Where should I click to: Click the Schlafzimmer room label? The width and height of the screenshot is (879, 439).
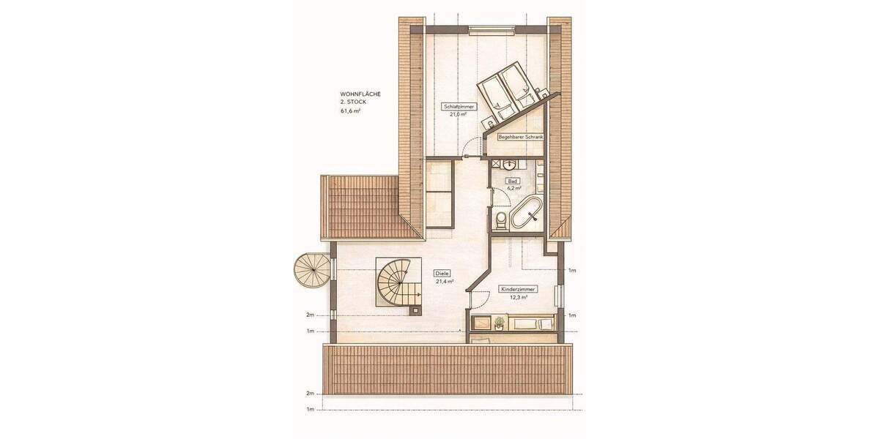[x=459, y=107]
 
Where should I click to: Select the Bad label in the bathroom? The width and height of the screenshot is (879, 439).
[x=512, y=180]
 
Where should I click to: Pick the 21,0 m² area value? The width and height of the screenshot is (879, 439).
[x=459, y=114]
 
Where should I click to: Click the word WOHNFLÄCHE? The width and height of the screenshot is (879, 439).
[x=360, y=94]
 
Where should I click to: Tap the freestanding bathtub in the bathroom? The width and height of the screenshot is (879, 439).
[x=525, y=214]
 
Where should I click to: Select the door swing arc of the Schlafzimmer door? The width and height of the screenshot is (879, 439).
[x=469, y=151]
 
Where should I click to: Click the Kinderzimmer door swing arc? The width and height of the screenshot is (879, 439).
[x=478, y=298]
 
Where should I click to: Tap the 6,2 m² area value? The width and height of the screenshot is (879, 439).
[x=512, y=187]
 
